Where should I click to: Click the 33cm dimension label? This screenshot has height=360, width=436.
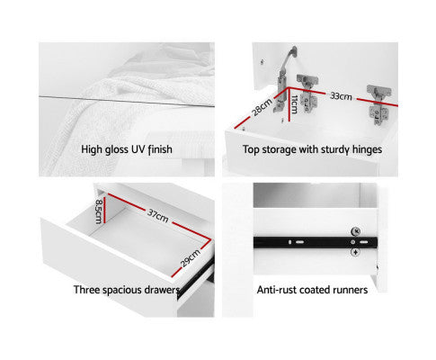click(x=341, y=96)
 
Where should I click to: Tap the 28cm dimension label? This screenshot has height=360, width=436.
click(x=262, y=106)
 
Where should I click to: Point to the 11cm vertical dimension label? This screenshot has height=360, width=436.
click(x=294, y=104)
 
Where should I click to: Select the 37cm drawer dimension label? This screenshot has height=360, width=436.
click(x=158, y=216)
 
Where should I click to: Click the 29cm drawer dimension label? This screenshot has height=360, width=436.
click(x=191, y=258)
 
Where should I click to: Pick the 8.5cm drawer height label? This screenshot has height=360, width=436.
click(x=99, y=211)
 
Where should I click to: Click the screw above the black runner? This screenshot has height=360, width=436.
click(x=355, y=231)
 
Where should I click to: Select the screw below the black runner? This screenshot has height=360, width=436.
click(x=355, y=252)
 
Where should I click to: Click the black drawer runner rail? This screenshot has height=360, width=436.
click(x=316, y=242)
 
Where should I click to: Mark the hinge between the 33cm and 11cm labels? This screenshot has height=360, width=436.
click(x=307, y=94)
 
